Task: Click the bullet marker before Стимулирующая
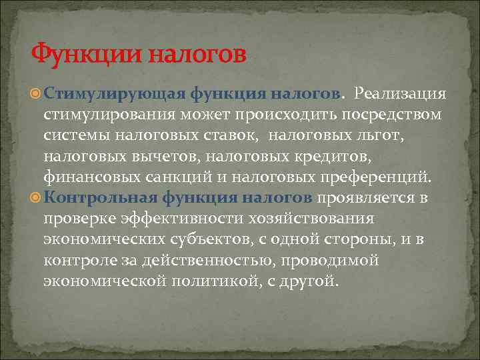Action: click(x=37, y=93)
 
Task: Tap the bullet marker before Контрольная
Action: click(x=37, y=199)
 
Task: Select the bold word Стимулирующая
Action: click(x=115, y=93)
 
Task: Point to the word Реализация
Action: click(x=400, y=93)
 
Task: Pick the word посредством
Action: click(x=401, y=114)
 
